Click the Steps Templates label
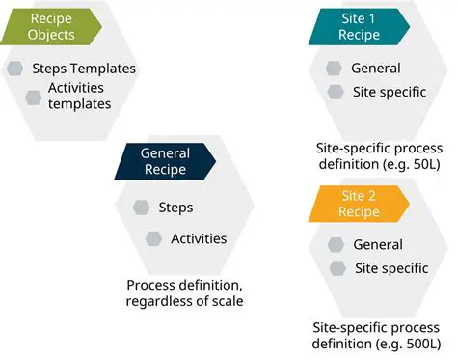84,69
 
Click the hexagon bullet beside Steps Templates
14,69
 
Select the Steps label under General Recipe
176,208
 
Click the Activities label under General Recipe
199,238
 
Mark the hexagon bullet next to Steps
141,208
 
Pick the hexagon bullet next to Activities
153,238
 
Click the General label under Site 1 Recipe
376,69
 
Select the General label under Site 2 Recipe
378,245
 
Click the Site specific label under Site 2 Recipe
391,268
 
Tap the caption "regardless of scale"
183,302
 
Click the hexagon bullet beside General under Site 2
336,245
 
